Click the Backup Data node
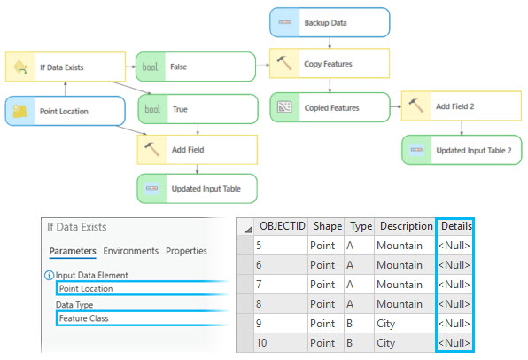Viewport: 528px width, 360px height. coord(329,21)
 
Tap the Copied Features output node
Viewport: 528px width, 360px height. coord(330,107)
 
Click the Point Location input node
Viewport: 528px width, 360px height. coord(66,112)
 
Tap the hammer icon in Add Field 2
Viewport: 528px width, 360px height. coord(417,106)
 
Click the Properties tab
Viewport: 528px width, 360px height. coord(186,251)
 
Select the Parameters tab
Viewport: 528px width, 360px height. coord(72,251)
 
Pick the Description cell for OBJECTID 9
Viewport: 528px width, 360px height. coord(403,324)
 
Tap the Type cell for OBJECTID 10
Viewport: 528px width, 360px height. coord(359,343)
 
